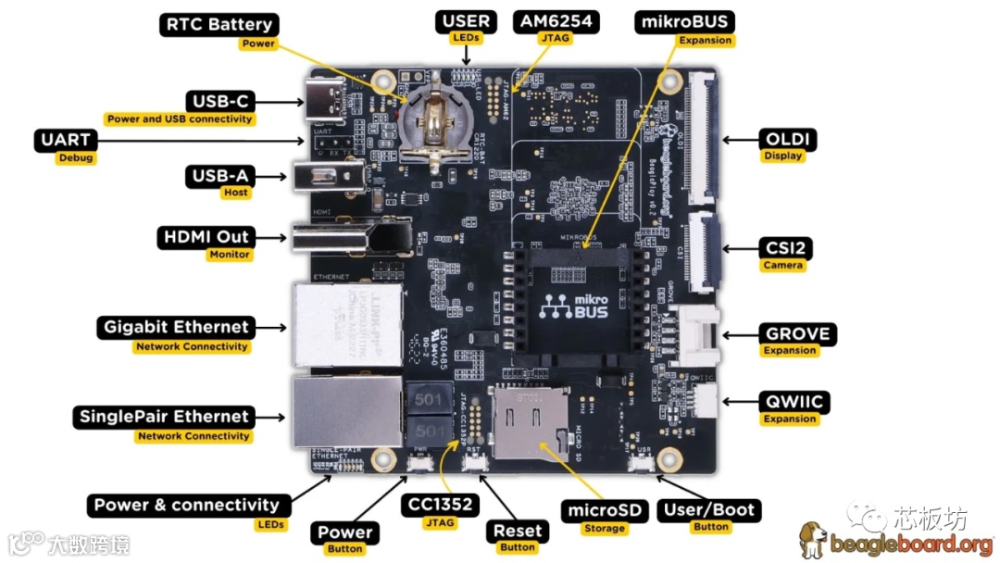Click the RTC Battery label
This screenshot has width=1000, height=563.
click(x=219, y=25)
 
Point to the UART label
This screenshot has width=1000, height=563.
click(x=65, y=141)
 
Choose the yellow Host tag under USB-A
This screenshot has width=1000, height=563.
click(x=235, y=193)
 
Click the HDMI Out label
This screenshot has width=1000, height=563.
click(x=207, y=237)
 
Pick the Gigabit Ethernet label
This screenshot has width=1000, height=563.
click(x=176, y=327)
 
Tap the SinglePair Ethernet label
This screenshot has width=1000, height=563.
click(x=164, y=417)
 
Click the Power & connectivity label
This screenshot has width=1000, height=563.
click(x=186, y=506)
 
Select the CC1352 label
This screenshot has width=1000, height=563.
click(x=442, y=506)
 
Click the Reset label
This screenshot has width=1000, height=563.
click(x=517, y=532)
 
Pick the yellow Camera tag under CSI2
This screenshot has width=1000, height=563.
click(x=782, y=266)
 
